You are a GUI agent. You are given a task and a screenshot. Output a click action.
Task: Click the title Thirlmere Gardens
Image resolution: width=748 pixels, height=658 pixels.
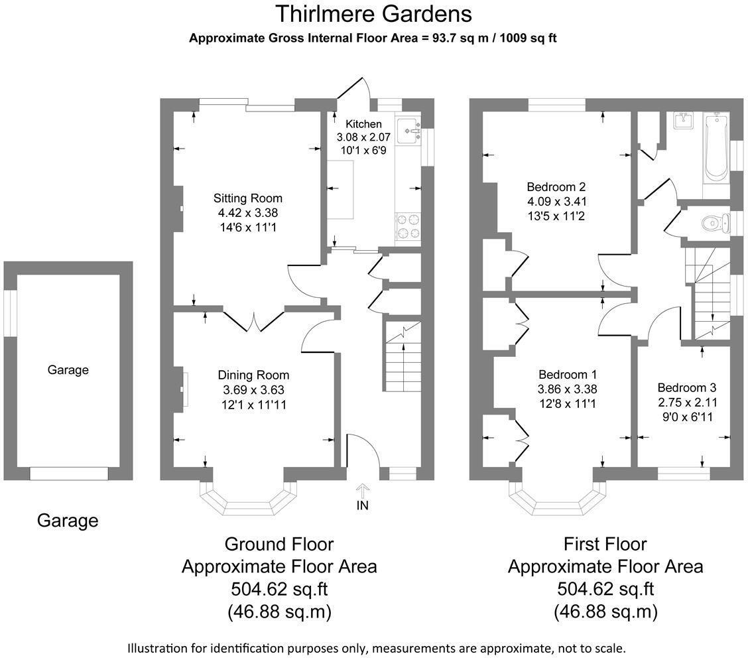(x=373, y=13)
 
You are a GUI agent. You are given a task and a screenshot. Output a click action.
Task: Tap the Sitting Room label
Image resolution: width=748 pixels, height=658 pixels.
(x=248, y=198)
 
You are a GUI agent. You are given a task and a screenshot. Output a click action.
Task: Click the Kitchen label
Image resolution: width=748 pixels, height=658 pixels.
(x=364, y=124)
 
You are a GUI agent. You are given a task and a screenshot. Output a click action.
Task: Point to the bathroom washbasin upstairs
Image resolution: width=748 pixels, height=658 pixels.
(x=684, y=121)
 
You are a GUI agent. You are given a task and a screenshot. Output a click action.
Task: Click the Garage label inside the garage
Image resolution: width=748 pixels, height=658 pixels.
(x=68, y=370)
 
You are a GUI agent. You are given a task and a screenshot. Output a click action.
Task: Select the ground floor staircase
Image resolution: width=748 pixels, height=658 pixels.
(x=403, y=358)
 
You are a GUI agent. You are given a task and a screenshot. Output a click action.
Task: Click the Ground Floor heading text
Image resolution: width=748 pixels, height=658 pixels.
(x=279, y=545)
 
